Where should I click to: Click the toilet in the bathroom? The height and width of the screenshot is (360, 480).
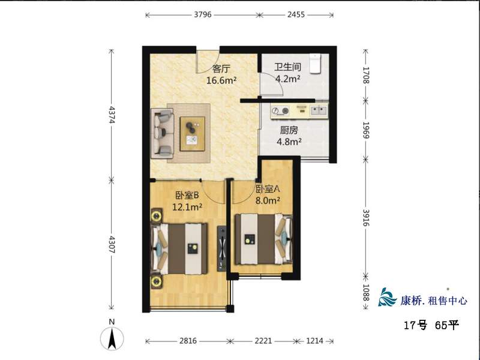pyautogui.click(x=314, y=64)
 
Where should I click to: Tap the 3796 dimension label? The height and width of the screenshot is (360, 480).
pyautogui.click(x=203, y=14)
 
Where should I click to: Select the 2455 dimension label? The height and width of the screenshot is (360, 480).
pyautogui.click(x=296, y=14)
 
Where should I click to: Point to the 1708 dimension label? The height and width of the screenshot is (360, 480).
pyautogui.click(x=366, y=75)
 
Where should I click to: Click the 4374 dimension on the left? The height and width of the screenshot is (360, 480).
pyautogui.click(x=112, y=115)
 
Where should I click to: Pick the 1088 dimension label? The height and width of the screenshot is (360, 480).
pyautogui.click(x=366, y=293)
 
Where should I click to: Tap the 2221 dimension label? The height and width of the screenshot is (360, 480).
pyautogui.click(x=263, y=341)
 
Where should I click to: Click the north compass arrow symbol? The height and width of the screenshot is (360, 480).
pyautogui.click(x=112, y=338)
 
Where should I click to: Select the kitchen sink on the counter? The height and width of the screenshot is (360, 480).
pyautogui.click(x=319, y=110)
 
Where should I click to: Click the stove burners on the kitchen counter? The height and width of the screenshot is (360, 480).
pyautogui.click(x=280, y=111)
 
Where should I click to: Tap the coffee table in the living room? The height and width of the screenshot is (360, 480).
pyautogui.click(x=192, y=133)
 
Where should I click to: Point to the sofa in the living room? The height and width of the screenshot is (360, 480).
pyautogui.click(x=162, y=133)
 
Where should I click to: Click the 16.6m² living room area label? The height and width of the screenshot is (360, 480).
pyautogui.click(x=221, y=80)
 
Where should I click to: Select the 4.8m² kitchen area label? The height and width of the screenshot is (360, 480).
pyautogui.click(x=289, y=142)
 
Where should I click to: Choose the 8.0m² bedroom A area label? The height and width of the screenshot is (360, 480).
pyautogui.click(x=268, y=200)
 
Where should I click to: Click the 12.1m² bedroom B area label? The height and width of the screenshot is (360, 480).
pyautogui.click(x=187, y=207)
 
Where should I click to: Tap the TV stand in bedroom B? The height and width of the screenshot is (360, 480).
pyautogui.click(x=221, y=248)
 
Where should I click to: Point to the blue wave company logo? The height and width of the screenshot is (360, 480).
pyautogui.click(x=388, y=297)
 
